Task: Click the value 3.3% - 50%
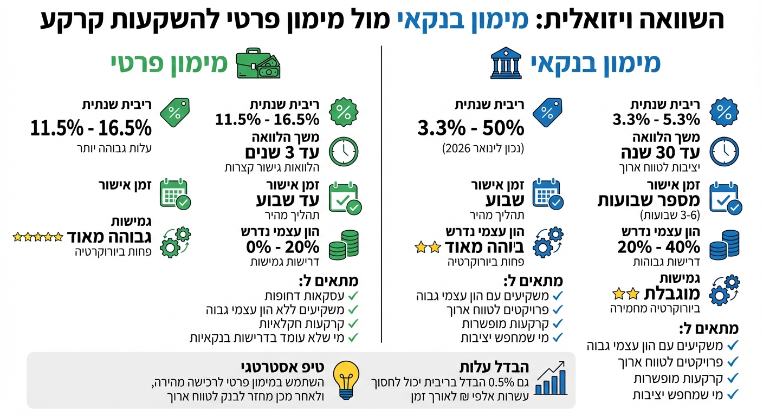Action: (470, 128)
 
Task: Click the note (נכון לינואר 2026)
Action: (482, 147)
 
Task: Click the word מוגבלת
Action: (671, 294)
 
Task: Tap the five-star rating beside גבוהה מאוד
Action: (37, 236)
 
